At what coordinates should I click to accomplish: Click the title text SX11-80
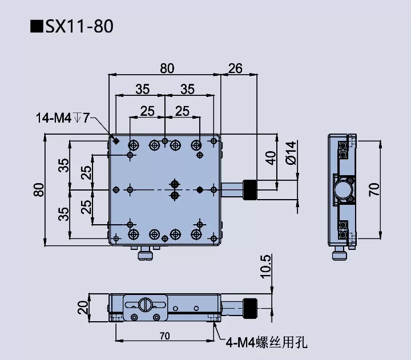pos(71,27)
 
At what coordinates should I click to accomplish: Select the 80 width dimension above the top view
pos(167,68)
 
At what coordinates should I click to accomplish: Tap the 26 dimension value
pos(235,68)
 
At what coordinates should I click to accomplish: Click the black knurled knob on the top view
pos(249,189)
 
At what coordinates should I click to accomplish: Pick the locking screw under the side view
pos(341,255)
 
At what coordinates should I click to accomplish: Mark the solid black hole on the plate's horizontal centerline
pos(199,189)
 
